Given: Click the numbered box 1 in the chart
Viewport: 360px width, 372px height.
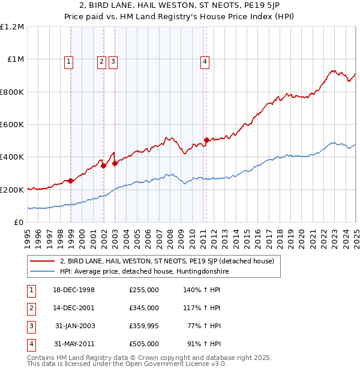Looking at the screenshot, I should [68, 61].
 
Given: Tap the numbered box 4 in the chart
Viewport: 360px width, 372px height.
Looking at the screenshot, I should [205, 61].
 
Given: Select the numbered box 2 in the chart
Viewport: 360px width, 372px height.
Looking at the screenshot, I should [101, 61].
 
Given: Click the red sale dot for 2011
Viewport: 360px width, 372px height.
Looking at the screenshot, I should [206, 140].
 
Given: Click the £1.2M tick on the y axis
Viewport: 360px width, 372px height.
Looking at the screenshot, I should [12, 27].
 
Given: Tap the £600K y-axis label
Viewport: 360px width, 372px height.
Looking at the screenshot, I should [12, 124].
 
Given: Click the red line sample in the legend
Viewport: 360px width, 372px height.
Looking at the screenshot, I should [42, 262].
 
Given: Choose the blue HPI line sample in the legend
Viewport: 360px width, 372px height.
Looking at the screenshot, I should [42, 271].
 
